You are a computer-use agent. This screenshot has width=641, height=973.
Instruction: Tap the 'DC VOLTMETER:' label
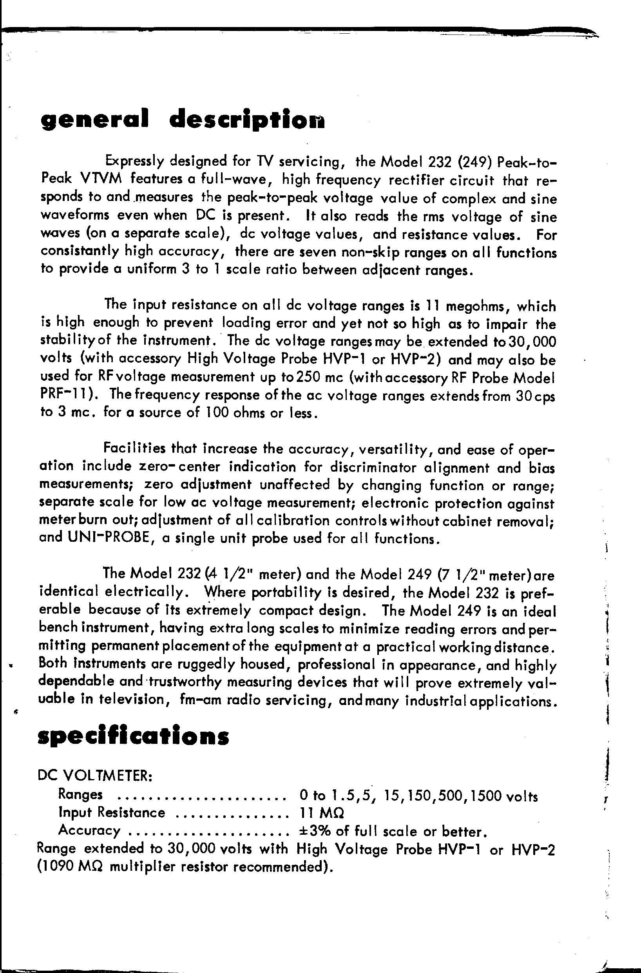tap(95, 775)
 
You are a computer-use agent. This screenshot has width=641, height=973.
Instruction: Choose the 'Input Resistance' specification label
tap(112, 813)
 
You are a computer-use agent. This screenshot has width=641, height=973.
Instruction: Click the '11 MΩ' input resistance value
tap(321, 813)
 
